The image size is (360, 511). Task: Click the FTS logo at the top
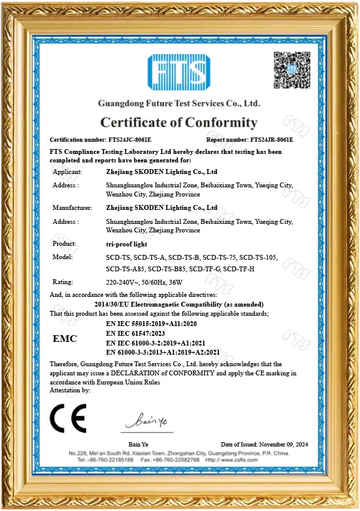coord(179,73)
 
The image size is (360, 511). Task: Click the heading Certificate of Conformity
coord(179,122)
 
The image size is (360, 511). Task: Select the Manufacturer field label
coord(72,207)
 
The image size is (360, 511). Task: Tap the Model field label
coord(63,257)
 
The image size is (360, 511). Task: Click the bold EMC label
coord(64,338)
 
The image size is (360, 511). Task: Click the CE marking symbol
coord(67,418)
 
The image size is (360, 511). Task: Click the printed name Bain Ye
coord(139,445)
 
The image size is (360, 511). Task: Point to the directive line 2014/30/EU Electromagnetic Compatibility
coord(179,304)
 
